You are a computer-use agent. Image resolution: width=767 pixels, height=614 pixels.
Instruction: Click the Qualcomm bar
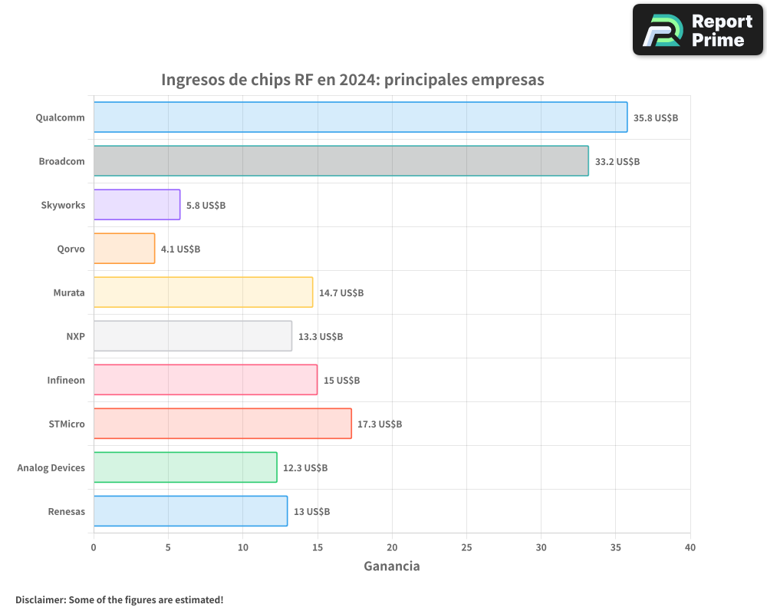[x=360, y=117]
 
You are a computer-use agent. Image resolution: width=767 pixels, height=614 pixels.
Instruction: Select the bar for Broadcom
[x=341, y=161]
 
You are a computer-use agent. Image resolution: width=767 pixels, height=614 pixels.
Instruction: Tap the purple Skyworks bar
[x=137, y=205]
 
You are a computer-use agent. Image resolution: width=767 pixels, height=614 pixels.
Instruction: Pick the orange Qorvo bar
[x=124, y=249]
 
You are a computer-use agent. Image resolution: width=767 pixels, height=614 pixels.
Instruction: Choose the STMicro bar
[x=222, y=424]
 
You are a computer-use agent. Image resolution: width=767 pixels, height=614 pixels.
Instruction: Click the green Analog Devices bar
[x=186, y=467]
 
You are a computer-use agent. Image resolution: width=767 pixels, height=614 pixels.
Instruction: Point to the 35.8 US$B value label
[x=656, y=118]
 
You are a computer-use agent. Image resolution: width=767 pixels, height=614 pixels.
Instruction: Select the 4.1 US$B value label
[x=181, y=249]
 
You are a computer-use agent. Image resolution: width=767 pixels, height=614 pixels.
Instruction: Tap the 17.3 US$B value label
[x=380, y=424]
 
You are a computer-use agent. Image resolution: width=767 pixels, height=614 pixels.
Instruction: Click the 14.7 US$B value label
[x=341, y=293]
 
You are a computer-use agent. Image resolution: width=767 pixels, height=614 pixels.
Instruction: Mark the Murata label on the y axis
[x=69, y=293]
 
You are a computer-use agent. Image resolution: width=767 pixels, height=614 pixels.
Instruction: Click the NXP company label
[x=75, y=337]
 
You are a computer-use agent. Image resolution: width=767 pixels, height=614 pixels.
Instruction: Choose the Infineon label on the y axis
[x=66, y=381]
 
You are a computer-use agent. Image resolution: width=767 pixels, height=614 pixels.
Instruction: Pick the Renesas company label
[x=66, y=511]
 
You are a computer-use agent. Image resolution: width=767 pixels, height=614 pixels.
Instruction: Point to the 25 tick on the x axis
[x=466, y=547]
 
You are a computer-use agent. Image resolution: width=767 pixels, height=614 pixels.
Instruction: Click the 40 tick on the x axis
[x=690, y=547]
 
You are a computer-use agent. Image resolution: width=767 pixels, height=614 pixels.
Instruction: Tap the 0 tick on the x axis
[x=94, y=547]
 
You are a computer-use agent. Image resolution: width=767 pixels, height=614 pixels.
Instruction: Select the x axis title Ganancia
[x=391, y=566]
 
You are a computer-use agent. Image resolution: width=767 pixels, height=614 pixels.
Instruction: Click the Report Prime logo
[x=697, y=30]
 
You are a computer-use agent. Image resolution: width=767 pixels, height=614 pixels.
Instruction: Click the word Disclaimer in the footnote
[x=40, y=599]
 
